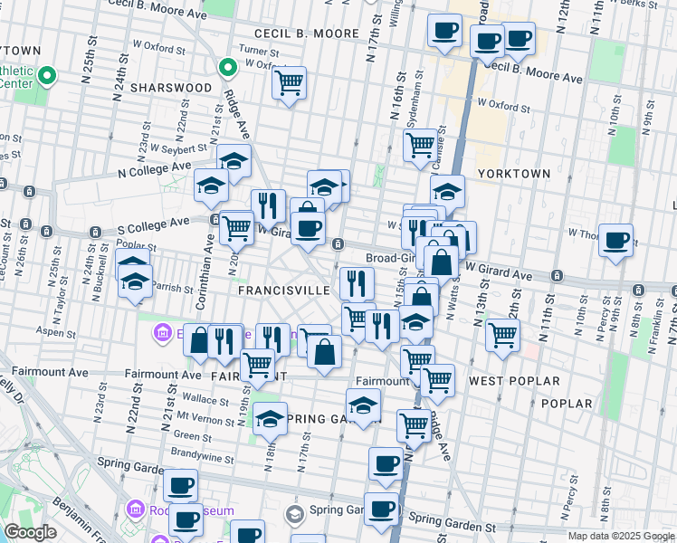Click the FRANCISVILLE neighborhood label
[x=284, y=291]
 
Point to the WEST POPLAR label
[x=514, y=382]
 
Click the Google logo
[x=30, y=532]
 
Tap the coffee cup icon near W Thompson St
[x=615, y=240]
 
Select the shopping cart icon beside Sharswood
[x=288, y=83]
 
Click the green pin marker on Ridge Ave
[x=228, y=67]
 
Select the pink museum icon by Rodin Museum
[x=136, y=509]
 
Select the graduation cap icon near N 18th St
[x=270, y=418]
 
